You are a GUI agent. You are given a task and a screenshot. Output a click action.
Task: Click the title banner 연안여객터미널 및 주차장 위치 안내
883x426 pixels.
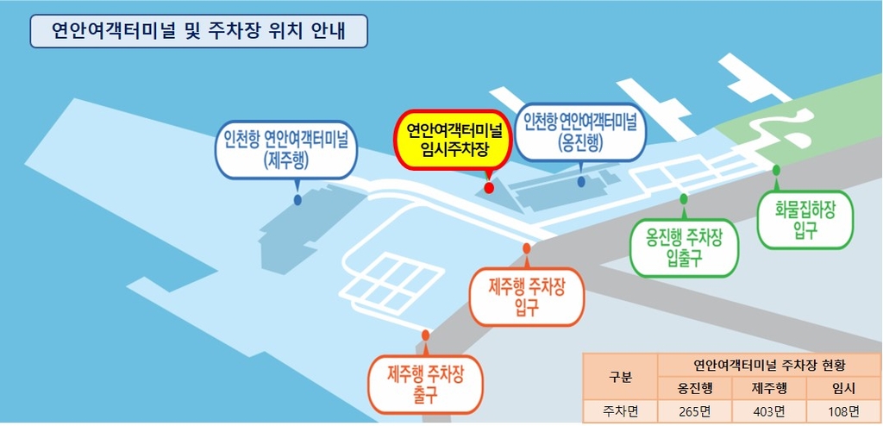point(198,31)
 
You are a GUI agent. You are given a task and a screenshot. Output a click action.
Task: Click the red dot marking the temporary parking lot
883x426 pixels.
point(489,187)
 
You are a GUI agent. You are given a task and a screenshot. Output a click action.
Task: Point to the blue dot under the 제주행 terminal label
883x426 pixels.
point(297,200)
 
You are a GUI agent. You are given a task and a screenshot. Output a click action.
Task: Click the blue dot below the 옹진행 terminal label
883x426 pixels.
point(582,182)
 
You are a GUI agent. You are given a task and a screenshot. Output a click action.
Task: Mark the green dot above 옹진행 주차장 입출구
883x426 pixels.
point(684,198)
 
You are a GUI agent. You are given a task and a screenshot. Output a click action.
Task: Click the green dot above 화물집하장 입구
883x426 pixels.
point(776,169)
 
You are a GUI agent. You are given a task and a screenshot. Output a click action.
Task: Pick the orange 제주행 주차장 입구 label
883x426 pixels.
point(526,296)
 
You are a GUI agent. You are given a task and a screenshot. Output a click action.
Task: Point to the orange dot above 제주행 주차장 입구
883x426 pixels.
point(526,248)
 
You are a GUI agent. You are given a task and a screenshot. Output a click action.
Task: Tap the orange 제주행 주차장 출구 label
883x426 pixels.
point(425,385)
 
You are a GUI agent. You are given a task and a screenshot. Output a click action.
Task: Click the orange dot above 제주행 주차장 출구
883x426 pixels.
point(425,335)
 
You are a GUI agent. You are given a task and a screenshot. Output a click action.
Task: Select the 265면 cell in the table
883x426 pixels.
point(694,410)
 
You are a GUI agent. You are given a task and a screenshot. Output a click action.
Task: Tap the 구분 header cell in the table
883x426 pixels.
point(620,376)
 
